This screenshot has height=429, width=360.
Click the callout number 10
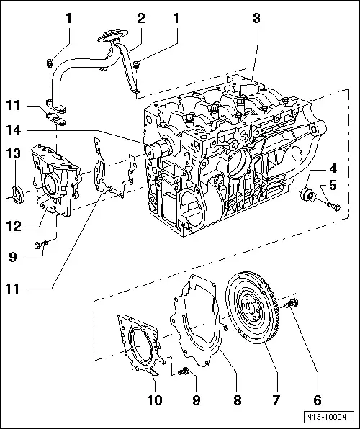tap(155, 398)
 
